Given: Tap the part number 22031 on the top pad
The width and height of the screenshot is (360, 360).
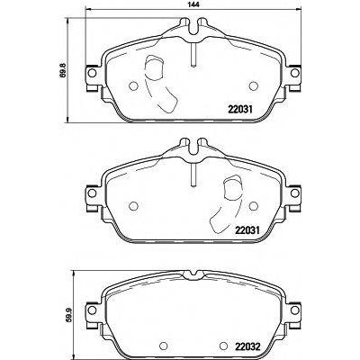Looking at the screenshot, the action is tap(241, 110).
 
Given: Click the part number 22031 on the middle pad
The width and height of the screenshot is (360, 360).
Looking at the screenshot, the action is tap(247, 230).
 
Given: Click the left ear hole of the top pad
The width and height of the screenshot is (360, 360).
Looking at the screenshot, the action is tap(92, 73).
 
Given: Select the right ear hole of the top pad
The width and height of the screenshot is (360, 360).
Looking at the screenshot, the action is tap(295, 73).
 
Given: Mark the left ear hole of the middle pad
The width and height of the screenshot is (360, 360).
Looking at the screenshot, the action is tap(92, 193).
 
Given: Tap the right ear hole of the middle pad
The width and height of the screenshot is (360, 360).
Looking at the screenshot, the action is tap(295, 193).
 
